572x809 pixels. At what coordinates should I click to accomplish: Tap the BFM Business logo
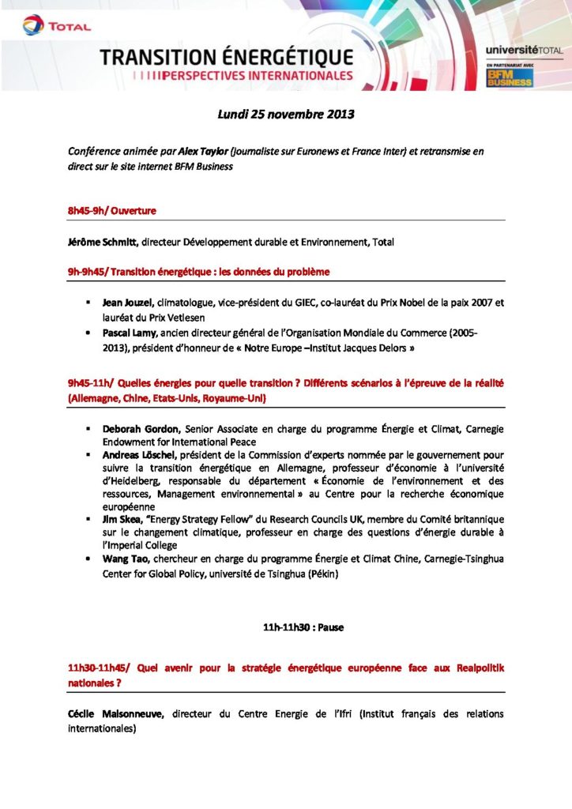502,77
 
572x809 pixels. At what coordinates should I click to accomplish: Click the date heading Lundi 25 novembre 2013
286,114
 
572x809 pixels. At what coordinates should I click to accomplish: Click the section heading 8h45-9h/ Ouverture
112,211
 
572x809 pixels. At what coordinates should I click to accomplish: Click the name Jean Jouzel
128,303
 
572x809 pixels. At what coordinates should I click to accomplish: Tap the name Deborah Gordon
136,428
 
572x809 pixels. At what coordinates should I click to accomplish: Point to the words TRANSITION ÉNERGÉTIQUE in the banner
226,57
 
